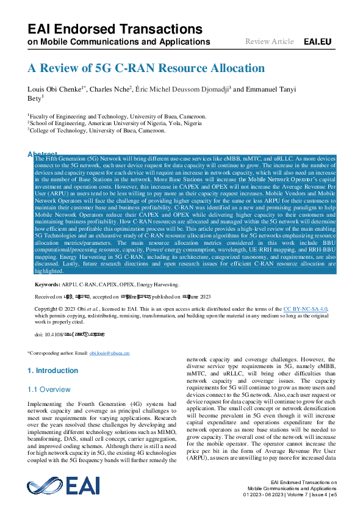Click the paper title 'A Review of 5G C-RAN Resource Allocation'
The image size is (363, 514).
[x=146, y=68]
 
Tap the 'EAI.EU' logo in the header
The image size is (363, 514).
[x=317, y=42]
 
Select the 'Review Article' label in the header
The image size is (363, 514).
[x=269, y=42]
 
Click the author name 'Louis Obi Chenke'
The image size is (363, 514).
[x=56, y=90]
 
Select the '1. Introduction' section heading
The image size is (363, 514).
[x=53, y=371]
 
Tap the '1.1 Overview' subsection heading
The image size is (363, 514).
[x=49, y=389]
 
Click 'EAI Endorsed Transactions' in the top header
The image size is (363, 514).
[x=115, y=29]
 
